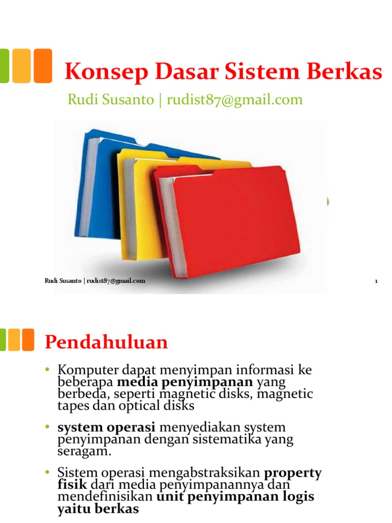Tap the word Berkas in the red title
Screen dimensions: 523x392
point(349,73)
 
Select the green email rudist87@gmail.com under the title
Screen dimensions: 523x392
point(235,99)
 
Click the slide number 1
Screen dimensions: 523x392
point(376,281)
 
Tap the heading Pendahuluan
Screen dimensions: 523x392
point(106,342)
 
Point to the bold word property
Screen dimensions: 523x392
point(292,472)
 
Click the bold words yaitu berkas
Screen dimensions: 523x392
point(98,509)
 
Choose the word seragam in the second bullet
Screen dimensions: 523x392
point(81,452)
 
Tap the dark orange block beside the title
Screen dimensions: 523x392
point(43,65)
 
